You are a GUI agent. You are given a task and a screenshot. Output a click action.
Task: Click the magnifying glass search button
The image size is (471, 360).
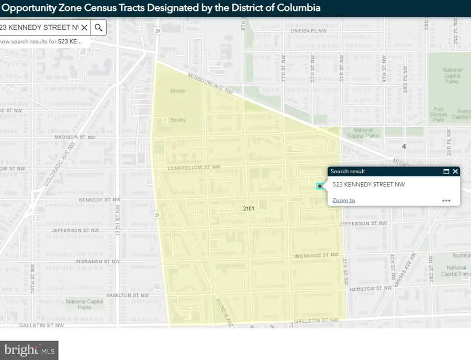[98, 28]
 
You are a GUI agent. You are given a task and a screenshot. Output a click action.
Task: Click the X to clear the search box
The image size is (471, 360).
[84, 28]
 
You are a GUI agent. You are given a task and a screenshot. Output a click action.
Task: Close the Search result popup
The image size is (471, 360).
[455, 171]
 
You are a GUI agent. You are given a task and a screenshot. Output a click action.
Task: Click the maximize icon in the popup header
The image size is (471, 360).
[446, 171]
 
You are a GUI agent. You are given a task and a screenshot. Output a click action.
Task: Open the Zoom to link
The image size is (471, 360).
[343, 200]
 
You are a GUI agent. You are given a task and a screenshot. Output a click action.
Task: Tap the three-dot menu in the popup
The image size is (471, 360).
[446, 200]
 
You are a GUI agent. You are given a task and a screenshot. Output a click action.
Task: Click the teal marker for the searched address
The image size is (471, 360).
[319, 186]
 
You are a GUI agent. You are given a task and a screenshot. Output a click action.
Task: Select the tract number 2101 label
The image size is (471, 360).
[249, 208]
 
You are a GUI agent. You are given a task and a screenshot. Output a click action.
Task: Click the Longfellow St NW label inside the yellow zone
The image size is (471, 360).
[194, 168]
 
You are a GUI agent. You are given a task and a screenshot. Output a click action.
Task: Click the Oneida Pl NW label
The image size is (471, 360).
[309, 31]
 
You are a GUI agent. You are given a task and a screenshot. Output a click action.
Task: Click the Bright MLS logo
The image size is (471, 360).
[29, 350]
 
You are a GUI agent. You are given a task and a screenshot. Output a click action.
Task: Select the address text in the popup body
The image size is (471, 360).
[368, 184]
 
